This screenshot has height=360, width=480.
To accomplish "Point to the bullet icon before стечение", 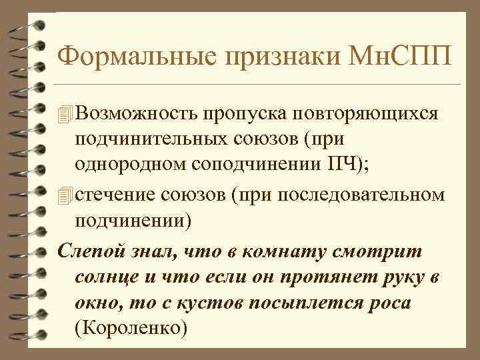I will [64, 195].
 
